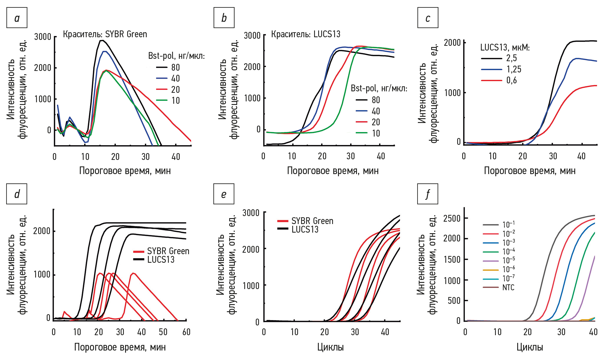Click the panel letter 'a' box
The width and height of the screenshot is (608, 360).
17,18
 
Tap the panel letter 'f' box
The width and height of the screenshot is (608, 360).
428,194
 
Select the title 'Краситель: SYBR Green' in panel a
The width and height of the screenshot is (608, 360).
105,34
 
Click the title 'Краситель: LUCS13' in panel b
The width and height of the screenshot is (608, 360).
306,34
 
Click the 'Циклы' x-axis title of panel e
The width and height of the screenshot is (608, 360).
330,347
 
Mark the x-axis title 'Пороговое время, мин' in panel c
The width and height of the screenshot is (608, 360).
530,171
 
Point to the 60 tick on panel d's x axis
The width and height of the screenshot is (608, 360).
186,332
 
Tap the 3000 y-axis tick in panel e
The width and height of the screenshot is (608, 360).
251,213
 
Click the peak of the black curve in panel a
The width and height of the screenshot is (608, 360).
102,40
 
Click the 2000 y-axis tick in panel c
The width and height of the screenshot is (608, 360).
452,43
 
